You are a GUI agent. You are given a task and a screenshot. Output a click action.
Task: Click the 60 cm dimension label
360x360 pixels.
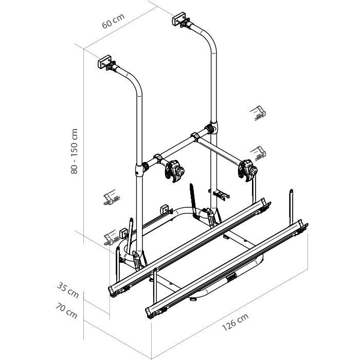click(x=114, y=21)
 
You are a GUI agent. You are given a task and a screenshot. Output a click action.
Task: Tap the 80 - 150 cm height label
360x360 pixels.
click(x=75, y=151)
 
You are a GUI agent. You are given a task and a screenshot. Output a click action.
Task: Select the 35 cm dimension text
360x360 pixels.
click(x=68, y=290)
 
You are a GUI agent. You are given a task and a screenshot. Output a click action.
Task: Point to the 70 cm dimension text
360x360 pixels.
click(x=66, y=311)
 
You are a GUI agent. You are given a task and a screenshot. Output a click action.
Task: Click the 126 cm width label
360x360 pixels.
click(x=236, y=322)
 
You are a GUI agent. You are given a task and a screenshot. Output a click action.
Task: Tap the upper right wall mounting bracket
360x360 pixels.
click(x=181, y=20)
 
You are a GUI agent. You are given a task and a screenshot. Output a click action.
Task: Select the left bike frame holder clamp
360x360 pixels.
click(x=174, y=171)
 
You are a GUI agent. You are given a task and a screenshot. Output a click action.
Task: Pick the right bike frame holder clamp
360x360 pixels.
click(x=247, y=170)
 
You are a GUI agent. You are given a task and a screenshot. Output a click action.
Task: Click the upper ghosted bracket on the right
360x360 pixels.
click(x=258, y=113)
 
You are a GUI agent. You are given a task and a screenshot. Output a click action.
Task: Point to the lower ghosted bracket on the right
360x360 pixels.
click(x=258, y=153)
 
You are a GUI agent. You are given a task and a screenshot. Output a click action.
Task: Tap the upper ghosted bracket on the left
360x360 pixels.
click(x=112, y=197)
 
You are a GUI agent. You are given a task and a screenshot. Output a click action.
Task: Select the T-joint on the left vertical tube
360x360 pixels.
click(x=140, y=169)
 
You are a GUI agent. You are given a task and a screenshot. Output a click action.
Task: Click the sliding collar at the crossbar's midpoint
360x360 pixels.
click(x=195, y=137)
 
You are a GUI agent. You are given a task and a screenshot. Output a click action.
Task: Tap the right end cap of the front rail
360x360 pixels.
click(x=303, y=227)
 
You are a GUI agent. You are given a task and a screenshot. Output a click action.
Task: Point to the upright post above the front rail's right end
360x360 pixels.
click(x=291, y=207)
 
